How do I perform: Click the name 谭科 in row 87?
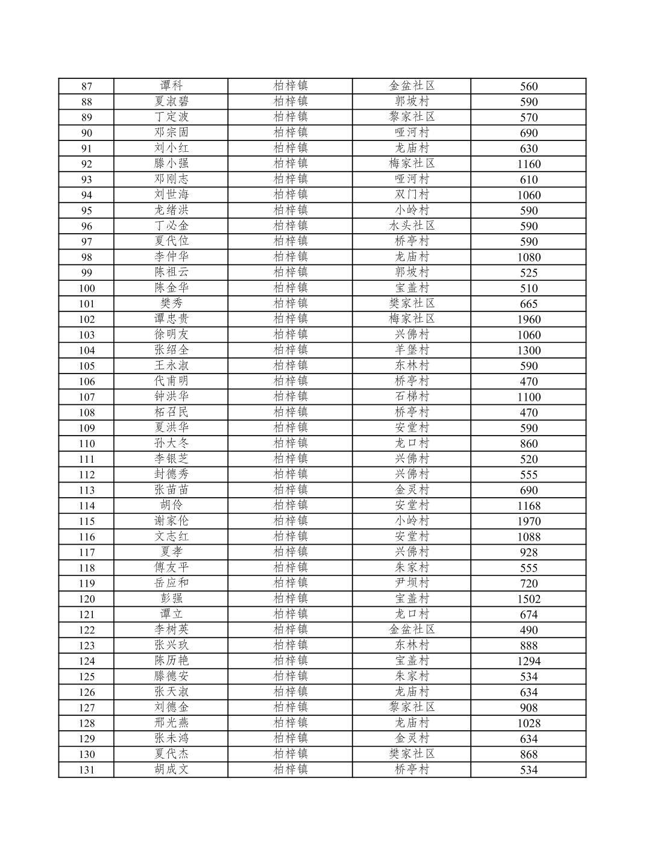point(171,86)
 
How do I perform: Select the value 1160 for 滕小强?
point(529,164)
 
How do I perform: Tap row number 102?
point(86,319)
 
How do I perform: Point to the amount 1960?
point(529,319)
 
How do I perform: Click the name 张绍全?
point(171,350)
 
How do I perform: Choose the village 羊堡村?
point(412,350)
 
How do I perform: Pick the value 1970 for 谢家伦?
point(529,521)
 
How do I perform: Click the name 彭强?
point(171,599)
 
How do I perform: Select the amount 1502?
point(529,599)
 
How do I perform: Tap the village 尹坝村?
point(412,583)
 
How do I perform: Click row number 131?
point(86,770)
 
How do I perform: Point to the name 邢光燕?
point(171,723)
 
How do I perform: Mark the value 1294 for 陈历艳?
point(529,661)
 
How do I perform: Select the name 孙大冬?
point(171,443)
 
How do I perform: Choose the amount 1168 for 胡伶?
point(529,506)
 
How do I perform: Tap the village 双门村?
point(412,195)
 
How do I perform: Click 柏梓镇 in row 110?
point(291,443)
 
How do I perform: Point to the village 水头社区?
point(412,226)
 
